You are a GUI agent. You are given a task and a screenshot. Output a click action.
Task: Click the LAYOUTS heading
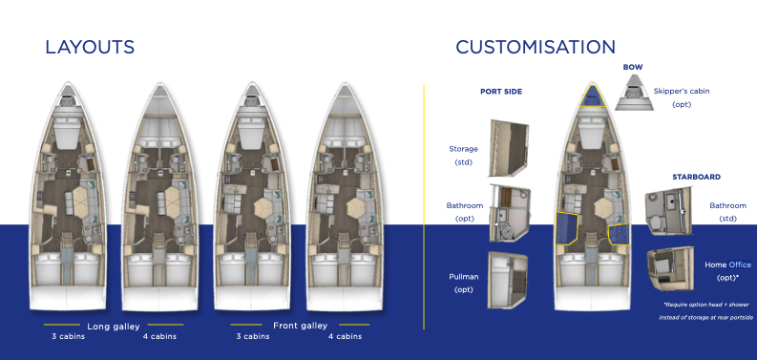pos(90,47)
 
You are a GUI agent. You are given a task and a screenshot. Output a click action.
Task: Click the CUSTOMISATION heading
pos(536,47)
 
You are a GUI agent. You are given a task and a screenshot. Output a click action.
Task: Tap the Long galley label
pos(114,327)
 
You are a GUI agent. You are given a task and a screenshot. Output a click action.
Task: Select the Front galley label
pos(301,326)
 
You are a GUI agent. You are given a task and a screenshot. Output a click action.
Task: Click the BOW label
pos(633,67)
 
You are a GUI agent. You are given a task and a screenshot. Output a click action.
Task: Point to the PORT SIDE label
pos(501,92)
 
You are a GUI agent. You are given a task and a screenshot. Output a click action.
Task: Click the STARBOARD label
pos(696,177)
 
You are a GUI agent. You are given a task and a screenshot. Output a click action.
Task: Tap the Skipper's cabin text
pos(682,91)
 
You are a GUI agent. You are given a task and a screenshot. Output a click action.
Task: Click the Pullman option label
pos(464,277)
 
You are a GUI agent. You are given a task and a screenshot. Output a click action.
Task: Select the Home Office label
pos(727,265)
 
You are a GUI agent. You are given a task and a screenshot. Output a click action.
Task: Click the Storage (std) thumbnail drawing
pos(509,148)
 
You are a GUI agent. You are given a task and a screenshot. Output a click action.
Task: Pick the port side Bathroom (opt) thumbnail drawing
pos(510,213)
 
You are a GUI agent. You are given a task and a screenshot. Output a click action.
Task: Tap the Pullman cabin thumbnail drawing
pos(508,280)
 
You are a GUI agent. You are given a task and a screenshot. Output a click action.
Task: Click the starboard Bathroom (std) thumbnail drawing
pos(668,211)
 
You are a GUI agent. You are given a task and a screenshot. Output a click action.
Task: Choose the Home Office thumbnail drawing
pos(670,268)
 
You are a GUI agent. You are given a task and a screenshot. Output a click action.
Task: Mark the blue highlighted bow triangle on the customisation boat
pos(593,96)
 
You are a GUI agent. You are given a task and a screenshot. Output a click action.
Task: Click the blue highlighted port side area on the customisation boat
pos(566,227)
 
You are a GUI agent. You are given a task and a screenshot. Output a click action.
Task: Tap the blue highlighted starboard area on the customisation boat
pos(619,234)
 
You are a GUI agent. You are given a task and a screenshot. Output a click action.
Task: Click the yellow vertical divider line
pos(424,207)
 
